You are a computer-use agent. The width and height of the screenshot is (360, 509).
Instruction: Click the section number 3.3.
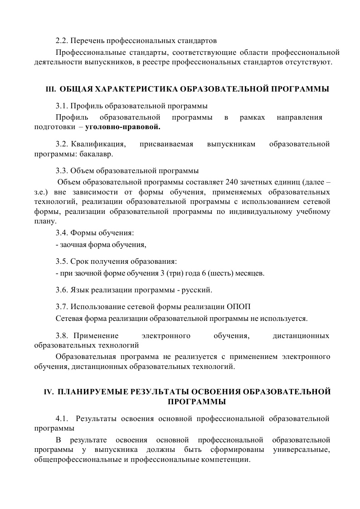pyautogui.click(x=62, y=171)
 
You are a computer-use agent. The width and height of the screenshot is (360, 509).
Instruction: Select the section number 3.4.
pyautogui.click(x=62, y=233)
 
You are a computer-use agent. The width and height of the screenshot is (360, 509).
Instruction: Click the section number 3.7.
pyautogui.click(x=62, y=306)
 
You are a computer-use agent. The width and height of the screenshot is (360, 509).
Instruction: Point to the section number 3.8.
pyautogui.click(x=62, y=336)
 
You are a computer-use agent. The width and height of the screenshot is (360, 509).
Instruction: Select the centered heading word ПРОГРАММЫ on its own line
pyautogui.click(x=197, y=402)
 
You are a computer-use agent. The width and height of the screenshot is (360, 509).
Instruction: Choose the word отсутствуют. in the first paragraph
pyautogui.click(x=311, y=62)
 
